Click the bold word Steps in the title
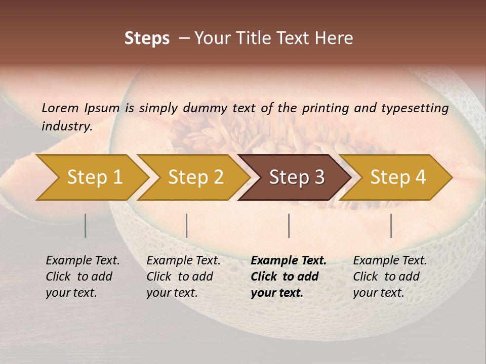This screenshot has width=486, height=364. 147,38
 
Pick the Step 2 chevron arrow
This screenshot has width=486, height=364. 194,177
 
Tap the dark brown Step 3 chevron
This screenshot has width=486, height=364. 296,177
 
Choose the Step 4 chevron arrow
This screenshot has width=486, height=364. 397,177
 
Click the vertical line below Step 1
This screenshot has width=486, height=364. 86,225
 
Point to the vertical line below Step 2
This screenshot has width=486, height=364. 187,225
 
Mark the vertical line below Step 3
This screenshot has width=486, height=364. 289,225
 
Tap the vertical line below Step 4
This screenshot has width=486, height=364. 391,225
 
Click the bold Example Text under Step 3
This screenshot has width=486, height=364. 289,261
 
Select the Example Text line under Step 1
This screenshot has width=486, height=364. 83,261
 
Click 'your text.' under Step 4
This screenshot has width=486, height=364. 378,293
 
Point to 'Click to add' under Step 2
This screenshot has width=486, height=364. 180,277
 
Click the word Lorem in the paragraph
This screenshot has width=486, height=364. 60,108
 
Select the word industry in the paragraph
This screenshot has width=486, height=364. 67,126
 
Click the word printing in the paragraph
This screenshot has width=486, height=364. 325,108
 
